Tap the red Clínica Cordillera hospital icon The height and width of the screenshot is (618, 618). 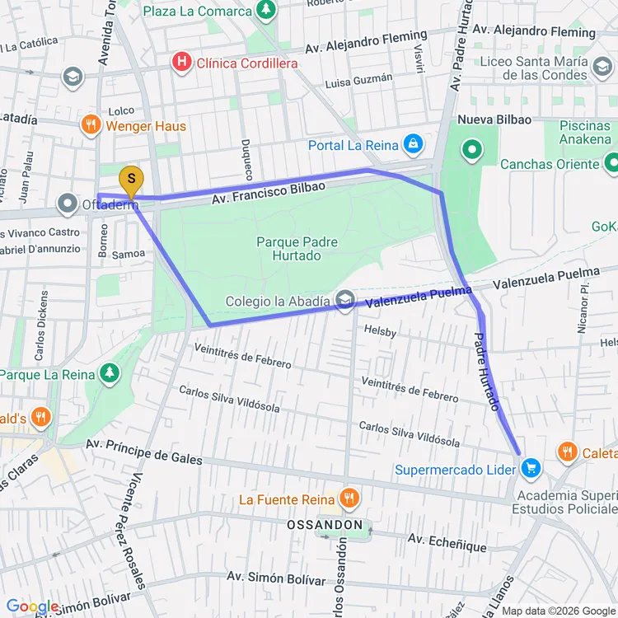[180, 62]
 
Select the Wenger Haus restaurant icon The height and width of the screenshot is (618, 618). [91, 126]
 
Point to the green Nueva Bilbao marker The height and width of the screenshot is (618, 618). [472, 150]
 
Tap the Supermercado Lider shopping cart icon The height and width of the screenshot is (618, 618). [531, 470]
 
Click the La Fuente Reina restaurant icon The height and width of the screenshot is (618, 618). [349, 499]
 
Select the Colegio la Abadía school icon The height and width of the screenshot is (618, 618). [345, 301]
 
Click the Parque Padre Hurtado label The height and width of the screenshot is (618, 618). [297, 249]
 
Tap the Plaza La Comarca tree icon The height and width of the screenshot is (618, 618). [265, 11]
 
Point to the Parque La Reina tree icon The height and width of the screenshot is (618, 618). [109, 374]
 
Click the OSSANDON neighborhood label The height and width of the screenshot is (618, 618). [325, 524]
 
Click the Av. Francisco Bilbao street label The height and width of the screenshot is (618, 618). [268, 194]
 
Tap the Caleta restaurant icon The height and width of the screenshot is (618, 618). [567, 452]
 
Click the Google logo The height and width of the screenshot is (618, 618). [31, 606]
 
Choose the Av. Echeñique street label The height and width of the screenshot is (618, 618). [447, 543]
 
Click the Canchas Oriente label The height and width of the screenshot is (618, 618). [550, 164]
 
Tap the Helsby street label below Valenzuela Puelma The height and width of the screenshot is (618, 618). [380, 332]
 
